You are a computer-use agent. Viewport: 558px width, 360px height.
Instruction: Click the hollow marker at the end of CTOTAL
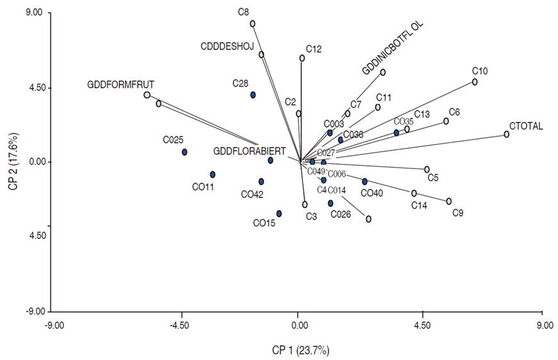pos(506,134)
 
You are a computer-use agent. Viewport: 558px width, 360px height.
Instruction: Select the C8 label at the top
pos(243,12)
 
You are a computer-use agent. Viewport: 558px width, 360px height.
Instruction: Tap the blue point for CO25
pos(185,152)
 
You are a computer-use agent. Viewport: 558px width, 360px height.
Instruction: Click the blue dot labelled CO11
pos(213,174)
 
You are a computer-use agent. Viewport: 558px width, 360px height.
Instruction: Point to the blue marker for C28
pos(253,95)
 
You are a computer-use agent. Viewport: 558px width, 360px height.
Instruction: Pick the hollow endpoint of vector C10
pos(475,82)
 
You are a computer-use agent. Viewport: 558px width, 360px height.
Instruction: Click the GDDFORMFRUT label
pos(121,84)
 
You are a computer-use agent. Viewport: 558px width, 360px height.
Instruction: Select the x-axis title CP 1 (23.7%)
pos(300,350)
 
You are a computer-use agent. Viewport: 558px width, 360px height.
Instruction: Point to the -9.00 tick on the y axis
pos(33,312)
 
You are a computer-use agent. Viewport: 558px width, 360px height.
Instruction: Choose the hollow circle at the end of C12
pos(302,58)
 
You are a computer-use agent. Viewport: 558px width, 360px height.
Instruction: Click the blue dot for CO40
pos(365,181)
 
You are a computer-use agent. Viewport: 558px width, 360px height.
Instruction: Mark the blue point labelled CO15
pos(279,213)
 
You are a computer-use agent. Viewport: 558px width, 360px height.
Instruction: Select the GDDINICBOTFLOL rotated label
pos(393,46)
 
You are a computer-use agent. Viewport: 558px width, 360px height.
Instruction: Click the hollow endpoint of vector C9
pos(449,201)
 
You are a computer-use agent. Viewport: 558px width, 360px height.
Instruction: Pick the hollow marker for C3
pos(305,204)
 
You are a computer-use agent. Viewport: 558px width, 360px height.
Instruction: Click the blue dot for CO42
pos(261,181)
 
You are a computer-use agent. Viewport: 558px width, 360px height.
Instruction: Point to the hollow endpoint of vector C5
pos(427,169)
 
